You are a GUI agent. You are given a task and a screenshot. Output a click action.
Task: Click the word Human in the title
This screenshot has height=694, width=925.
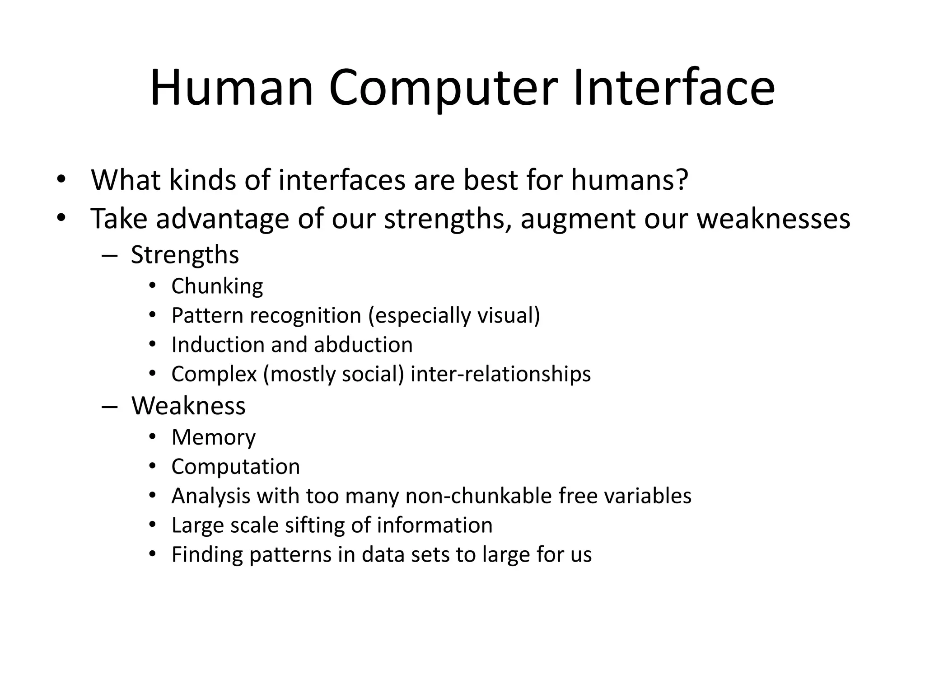pyautogui.click(x=231, y=88)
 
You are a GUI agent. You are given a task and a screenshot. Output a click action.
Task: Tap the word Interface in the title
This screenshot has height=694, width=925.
pyautogui.click(x=674, y=88)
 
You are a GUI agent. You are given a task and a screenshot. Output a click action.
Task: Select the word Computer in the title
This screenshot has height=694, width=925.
pyautogui.click(x=443, y=88)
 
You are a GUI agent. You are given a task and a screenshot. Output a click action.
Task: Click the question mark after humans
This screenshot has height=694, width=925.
pyautogui.click(x=682, y=180)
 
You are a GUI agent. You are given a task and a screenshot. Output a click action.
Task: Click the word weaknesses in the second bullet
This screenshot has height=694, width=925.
pyautogui.click(x=773, y=219)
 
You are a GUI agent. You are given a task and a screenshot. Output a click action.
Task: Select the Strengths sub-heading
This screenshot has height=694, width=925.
pyautogui.click(x=185, y=255)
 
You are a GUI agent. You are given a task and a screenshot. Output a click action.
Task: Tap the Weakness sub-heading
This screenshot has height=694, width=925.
pyautogui.click(x=188, y=405)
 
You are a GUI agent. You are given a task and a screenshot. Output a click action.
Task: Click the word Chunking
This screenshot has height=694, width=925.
pyautogui.click(x=217, y=286)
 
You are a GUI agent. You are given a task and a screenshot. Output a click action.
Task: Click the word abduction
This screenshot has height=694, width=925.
pyautogui.click(x=363, y=345)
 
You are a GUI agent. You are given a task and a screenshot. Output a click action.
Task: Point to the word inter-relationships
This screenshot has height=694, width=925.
pyautogui.click(x=500, y=374)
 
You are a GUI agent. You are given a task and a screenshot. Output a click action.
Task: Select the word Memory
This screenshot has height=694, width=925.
pyautogui.click(x=214, y=437)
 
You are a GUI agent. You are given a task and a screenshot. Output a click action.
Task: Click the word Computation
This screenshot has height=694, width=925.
pyautogui.click(x=236, y=467)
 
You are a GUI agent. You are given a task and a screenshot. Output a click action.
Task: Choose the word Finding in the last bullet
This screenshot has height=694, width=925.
pyautogui.click(x=207, y=554)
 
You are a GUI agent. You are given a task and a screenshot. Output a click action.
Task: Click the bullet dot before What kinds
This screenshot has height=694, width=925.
pyautogui.click(x=61, y=180)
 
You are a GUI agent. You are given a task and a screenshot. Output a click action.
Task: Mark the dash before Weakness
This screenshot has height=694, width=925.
pyautogui.click(x=110, y=406)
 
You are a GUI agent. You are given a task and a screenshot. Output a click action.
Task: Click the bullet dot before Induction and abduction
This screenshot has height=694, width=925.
pyautogui.click(x=152, y=345)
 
